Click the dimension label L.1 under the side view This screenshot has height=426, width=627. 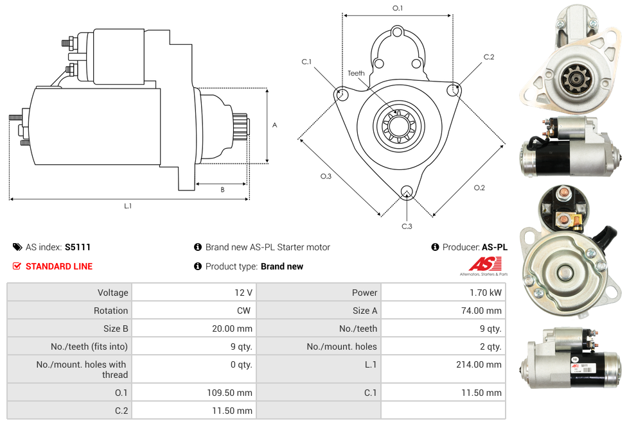coord(128,206)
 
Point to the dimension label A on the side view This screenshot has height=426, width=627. coord(275,125)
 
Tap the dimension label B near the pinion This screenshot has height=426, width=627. coord(222,189)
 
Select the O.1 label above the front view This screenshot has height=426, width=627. coord(398,8)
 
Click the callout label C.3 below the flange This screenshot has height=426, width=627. coord(407,226)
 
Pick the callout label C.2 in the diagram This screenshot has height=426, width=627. coord(489,57)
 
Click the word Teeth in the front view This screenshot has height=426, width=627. coord(356,73)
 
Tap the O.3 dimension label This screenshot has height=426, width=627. coord(326,176)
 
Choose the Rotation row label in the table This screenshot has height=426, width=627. coord(110,311)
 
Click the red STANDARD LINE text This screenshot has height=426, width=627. coord(59,266)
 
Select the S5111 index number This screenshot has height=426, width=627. coord(78,247)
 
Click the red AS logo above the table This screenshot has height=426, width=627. coord(485,264)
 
